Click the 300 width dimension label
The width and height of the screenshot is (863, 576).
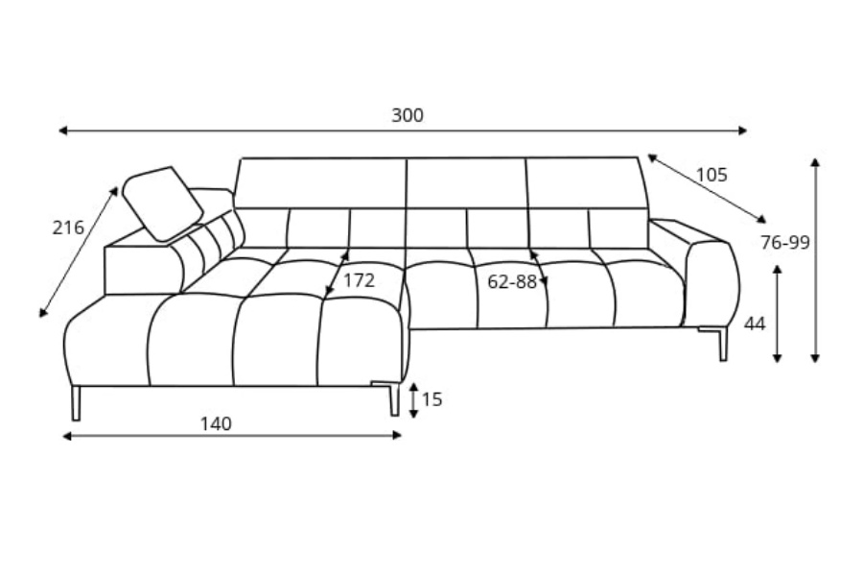coord(408,115)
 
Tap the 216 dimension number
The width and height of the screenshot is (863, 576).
coord(68,228)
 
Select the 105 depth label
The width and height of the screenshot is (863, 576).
coord(711,175)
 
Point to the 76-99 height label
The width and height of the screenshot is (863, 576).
coord(784,242)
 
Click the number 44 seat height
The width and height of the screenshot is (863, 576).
coord(755,324)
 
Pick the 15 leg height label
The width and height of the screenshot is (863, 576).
coord(432,399)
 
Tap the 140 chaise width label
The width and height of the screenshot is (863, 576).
coord(216,424)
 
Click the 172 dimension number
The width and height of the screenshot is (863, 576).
coord(359,280)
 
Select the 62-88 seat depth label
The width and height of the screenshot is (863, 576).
coord(512,281)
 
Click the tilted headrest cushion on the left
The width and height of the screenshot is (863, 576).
coord(163,204)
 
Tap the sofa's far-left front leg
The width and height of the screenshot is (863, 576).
coord(76,403)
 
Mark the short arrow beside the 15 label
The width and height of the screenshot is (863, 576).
coord(414,400)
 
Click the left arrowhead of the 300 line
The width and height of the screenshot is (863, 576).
coord(62,131)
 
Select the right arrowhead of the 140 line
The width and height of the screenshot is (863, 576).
coord(397,436)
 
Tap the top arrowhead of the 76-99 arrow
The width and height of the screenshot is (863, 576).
coord(816,161)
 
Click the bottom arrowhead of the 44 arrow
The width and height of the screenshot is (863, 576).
coord(777,358)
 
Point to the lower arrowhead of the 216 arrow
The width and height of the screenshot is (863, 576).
coord(42,313)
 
